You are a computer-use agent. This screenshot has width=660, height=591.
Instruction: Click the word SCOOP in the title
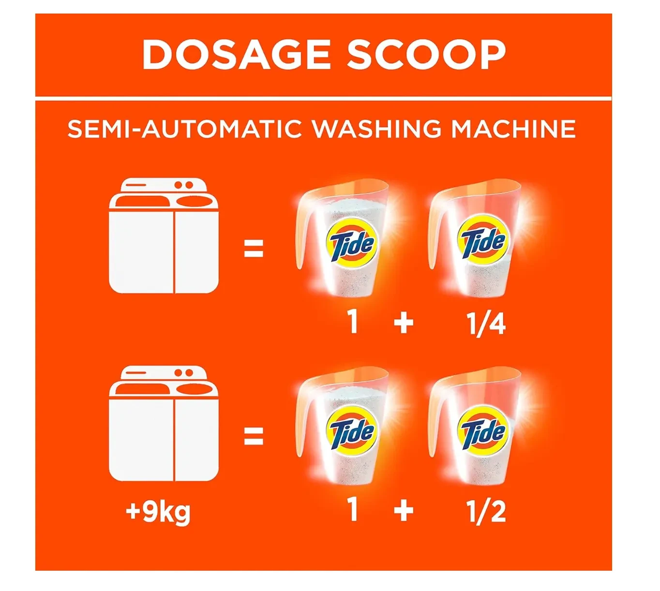[426, 54]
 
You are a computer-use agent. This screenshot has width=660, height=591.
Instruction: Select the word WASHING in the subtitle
[376, 129]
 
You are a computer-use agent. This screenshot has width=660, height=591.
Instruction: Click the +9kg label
[158, 512]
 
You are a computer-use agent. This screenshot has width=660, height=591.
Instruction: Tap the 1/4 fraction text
[486, 324]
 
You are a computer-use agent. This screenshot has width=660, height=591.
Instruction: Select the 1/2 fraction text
[486, 512]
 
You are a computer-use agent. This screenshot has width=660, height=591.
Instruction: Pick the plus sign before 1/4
[404, 323]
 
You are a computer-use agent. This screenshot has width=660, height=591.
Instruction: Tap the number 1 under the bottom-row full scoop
[353, 509]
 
